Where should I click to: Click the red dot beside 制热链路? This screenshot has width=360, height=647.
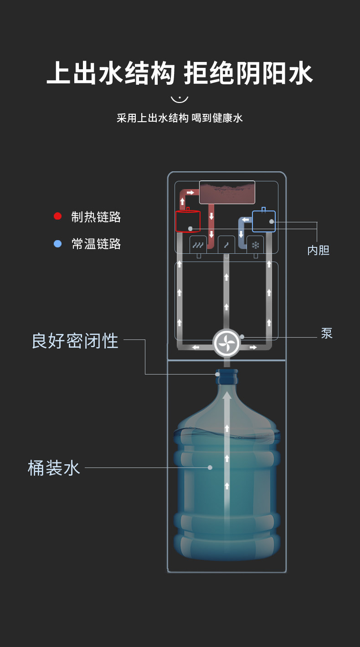[57, 216]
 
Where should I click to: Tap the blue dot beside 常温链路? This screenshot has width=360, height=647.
[58, 244]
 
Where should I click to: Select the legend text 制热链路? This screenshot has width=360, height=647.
[96, 217]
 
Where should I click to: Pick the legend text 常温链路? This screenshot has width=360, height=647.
[96, 244]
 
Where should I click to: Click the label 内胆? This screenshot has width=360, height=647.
[319, 250]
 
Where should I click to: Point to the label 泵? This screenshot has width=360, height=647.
[327, 333]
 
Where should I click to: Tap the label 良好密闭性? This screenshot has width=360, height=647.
[75, 341]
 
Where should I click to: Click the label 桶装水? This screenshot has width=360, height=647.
[54, 468]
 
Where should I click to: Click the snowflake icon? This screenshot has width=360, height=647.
[255, 246]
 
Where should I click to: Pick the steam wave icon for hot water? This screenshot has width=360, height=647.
[198, 246]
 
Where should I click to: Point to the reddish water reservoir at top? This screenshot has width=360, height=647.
[227, 192]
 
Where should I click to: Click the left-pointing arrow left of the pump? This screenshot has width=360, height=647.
[195, 347]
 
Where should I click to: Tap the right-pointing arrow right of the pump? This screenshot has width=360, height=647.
[253, 347]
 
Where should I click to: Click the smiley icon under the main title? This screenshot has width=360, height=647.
[180, 99]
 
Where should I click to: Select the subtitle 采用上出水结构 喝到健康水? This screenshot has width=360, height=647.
[180, 118]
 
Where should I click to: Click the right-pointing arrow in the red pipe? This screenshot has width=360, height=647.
[190, 192]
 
